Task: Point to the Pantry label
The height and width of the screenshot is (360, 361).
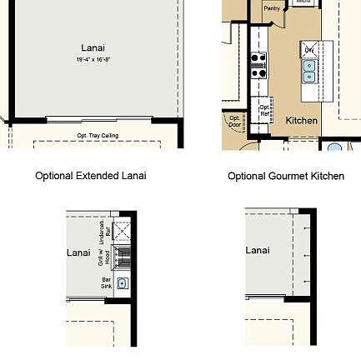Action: click(x=272, y=7)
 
